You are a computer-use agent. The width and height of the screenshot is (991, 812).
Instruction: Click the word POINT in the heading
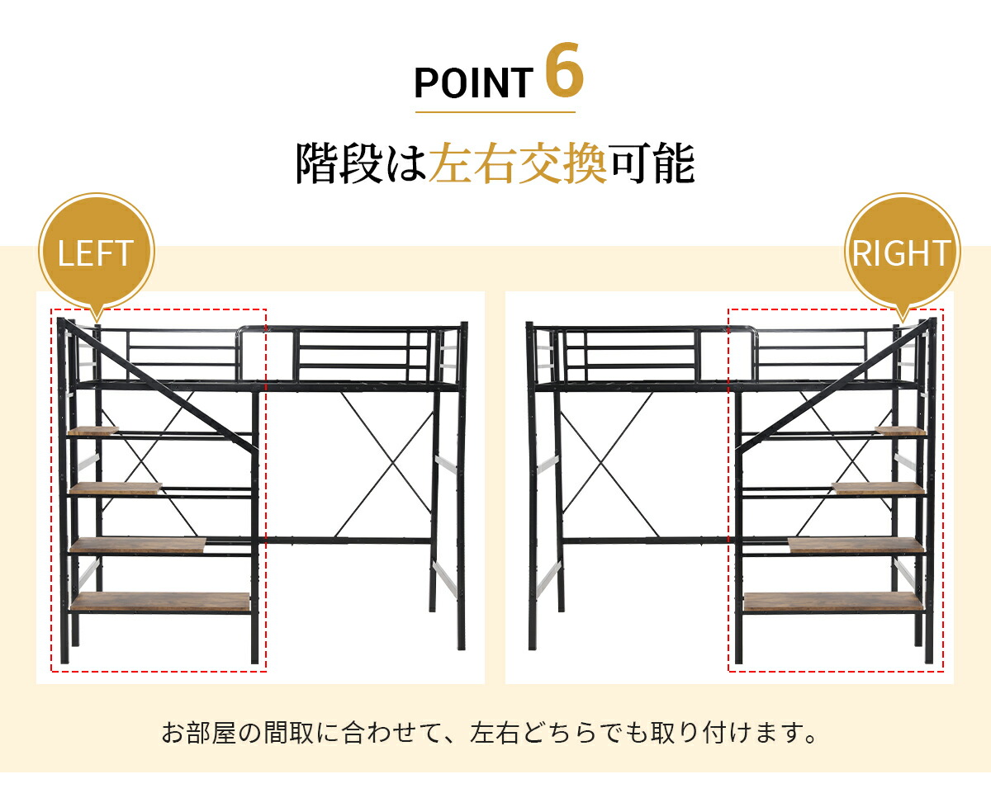(x=474, y=83)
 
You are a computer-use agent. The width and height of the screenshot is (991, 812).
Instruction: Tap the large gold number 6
(x=564, y=70)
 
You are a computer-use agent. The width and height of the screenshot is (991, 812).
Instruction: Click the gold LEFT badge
(x=97, y=253)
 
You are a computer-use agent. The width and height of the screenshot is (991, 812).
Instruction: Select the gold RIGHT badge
(x=902, y=253)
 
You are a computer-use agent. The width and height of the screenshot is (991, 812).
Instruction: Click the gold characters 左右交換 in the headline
(x=518, y=164)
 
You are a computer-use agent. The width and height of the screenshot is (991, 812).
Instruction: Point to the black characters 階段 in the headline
(x=339, y=164)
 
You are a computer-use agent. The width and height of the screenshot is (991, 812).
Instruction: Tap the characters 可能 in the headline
(x=651, y=164)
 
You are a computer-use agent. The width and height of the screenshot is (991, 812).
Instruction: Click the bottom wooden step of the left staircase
(x=159, y=602)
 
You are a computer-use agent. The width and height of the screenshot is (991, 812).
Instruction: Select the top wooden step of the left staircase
(x=93, y=431)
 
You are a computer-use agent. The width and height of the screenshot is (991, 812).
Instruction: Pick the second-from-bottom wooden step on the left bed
(x=138, y=545)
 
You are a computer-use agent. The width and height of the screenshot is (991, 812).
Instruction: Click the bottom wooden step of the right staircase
(x=833, y=602)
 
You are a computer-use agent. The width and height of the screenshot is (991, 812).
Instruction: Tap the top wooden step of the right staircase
(x=900, y=431)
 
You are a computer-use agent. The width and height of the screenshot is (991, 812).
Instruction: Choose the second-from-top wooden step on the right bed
(x=878, y=488)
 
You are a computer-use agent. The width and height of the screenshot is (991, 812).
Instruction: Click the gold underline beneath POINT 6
(x=495, y=112)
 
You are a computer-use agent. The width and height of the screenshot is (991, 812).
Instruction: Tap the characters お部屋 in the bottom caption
(x=199, y=733)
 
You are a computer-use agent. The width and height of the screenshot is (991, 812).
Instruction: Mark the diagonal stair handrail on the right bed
(x=832, y=386)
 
